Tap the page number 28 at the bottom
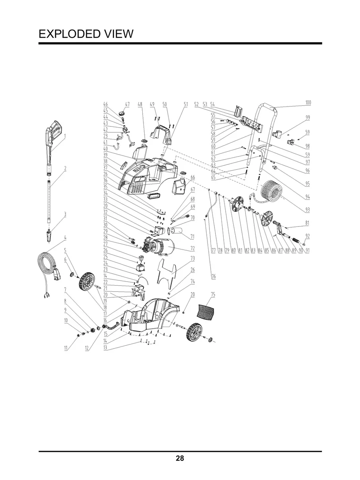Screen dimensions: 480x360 (180, 459)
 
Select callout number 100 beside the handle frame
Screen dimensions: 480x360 (308, 103)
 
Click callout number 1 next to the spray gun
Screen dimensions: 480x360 (65, 136)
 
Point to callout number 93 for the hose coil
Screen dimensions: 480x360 (308, 209)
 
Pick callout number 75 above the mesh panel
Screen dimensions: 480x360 (213, 294)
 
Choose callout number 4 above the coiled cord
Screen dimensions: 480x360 (65, 238)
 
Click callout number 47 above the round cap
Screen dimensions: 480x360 (128, 104)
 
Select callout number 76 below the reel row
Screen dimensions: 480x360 (213, 276)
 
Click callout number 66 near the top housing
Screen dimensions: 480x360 (192, 177)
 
